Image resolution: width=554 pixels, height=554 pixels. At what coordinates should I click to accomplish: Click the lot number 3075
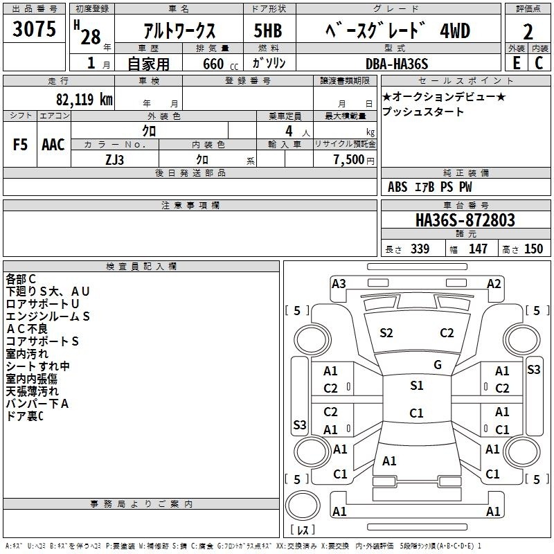(x=34, y=29)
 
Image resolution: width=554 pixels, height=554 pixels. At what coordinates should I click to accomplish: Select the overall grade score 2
(x=528, y=32)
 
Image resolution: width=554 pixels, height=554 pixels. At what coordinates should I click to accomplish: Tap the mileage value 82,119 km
(x=84, y=99)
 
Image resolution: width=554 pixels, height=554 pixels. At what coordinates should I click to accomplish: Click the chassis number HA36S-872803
(x=465, y=220)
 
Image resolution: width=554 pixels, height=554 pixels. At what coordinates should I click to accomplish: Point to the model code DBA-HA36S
(x=397, y=64)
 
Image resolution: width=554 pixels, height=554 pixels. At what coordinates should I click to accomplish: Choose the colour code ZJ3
(x=114, y=160)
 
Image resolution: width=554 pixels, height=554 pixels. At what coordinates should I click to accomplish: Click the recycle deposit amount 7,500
(x=349, y=160)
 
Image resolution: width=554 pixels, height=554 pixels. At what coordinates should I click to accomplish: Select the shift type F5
(x=20, y=145)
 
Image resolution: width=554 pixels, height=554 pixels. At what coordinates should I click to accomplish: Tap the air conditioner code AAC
(x=53, y=145)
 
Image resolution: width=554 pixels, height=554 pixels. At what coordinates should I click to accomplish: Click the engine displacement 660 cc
(x=220, y=64)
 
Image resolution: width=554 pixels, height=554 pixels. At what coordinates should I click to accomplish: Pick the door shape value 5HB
(x=268, y=30)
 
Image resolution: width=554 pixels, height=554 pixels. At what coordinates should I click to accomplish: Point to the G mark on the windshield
(x=438, y=365)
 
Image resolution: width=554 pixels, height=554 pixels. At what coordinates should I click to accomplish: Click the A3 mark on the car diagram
(x=339, y=284)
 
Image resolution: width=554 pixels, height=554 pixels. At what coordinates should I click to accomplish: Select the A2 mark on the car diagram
(x=494, y=284)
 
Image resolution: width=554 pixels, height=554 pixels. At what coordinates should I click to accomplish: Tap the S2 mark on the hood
(x=386, y=333)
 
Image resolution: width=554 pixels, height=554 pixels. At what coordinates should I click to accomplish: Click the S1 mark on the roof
(x=417, y=386)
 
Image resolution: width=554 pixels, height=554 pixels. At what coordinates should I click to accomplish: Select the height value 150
(x=533, y=249)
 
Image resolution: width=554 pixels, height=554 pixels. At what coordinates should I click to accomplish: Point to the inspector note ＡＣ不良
(x=27, y=329)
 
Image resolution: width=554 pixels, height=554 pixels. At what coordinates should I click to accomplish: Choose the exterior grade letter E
(x=517, y=63)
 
